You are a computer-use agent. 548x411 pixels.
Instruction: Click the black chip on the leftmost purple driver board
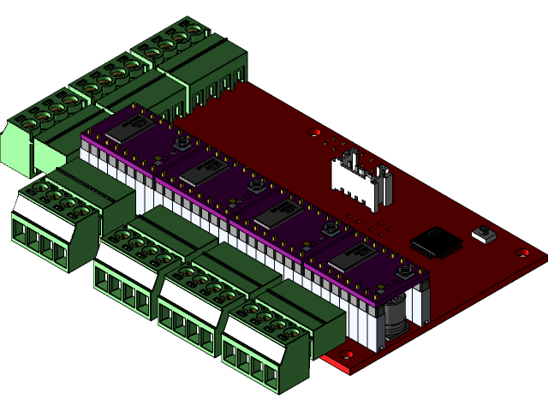pos(128,128)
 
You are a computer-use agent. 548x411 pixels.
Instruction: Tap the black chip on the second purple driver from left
pos(202,171)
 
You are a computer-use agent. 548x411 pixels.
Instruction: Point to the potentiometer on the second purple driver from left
pos(254,185)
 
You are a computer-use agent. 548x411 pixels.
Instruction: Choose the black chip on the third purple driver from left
pos(276,213)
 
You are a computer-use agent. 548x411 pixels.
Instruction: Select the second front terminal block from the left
pos(128,265)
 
